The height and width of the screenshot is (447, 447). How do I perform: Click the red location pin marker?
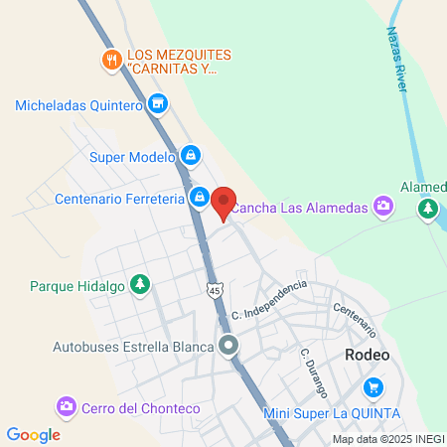click(223, 202)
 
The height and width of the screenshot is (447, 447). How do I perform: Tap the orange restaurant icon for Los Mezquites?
click(112, 60)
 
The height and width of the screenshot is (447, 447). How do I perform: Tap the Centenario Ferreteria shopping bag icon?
click(200, 198)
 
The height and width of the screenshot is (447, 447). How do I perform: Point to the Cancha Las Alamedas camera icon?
click(384, 207)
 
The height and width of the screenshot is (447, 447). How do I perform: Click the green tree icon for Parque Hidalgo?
click(140, 285)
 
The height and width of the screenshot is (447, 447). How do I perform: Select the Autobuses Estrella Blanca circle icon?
click(229, 347)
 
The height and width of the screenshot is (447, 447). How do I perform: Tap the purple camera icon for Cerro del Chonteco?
click(67, 407)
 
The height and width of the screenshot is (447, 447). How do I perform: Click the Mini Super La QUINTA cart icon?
click(373, 386)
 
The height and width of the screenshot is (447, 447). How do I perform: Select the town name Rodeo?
click(367, 356)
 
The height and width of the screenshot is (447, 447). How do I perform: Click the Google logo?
click(33, 434)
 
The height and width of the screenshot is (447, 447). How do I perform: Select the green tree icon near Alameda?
click(428, 208)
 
